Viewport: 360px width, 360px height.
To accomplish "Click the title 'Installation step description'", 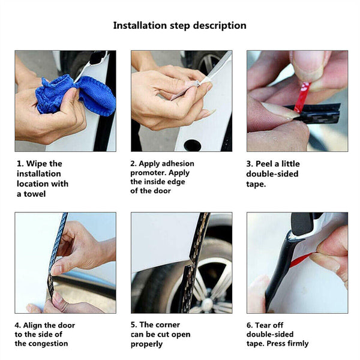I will [x=179, y=26].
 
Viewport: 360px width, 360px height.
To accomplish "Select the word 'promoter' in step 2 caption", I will [x=149, y=173].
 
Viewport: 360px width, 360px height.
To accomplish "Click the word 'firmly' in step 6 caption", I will [x=295, y=344].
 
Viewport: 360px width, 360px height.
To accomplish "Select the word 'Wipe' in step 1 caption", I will [x=37, y=164].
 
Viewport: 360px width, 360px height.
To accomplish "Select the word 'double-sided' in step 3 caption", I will [x=272, y=174].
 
